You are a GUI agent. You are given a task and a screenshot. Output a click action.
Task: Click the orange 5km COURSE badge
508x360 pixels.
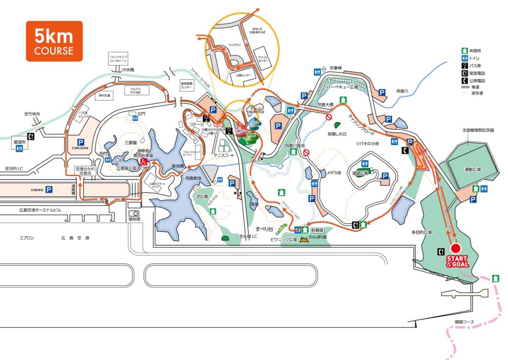tap(54, 41)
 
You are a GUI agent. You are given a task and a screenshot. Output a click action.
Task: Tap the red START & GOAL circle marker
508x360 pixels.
tap(456, 248)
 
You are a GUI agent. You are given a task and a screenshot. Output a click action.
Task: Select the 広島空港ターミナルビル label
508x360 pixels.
tap(40, 210)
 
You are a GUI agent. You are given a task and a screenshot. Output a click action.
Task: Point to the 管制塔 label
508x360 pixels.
tap(135, 220)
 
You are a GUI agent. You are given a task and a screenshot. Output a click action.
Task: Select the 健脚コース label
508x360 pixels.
tap(464, 322)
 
